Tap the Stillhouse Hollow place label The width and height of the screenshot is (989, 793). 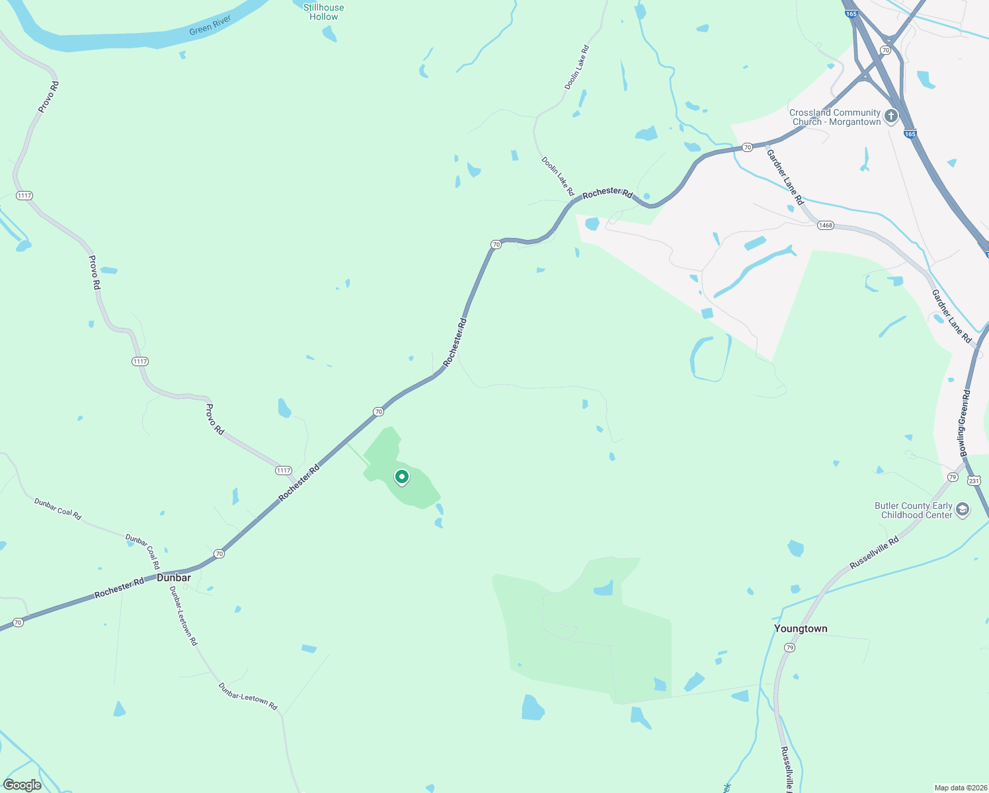[323, 12]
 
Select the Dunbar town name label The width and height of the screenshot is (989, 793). [174, 578]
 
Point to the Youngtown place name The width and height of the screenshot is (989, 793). [801, 628]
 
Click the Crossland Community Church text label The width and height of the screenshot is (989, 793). [835, 117]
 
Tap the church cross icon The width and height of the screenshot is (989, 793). [891, 117]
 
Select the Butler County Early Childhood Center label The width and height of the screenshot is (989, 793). [914, 510]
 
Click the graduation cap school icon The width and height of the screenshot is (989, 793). [963, 510]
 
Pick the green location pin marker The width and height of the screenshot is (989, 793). [401, 476]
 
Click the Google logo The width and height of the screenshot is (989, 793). [22, 785]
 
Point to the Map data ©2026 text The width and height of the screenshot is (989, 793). [960, 788]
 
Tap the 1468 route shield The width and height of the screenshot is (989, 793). [825, 225]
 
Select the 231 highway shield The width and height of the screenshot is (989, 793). [974, 480]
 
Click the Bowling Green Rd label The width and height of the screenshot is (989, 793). [965, 423]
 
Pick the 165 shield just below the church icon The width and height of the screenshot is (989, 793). [910, 134]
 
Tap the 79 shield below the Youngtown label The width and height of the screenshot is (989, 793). [789, 648]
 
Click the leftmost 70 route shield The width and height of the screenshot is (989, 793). [18, 623]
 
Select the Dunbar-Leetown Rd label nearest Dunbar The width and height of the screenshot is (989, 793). [183, 616]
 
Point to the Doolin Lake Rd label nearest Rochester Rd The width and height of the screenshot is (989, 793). [558, 176]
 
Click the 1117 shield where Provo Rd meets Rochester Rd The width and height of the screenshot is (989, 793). [284, 471]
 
